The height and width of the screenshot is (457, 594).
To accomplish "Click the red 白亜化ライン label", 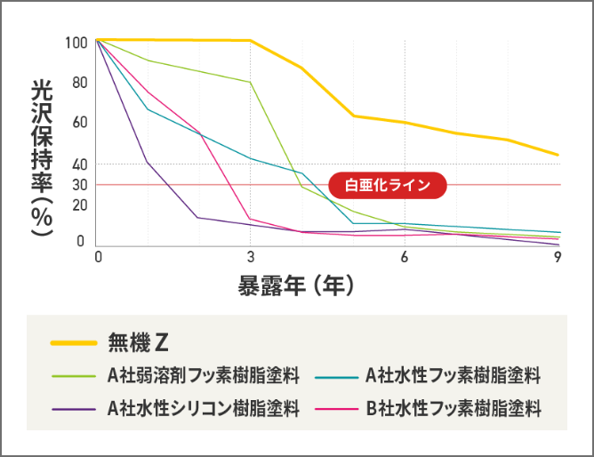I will (386, 185).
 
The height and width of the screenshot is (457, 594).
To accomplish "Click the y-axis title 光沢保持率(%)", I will (40, 158).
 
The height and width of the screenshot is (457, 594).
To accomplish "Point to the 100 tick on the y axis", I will (76, 43).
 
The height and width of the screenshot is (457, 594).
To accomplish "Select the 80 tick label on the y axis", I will (79, 83).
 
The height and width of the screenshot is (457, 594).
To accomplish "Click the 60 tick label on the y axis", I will (79, 123).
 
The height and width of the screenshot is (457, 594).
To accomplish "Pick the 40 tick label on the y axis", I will (79, 164).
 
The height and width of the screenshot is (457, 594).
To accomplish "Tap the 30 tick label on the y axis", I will (79, 185).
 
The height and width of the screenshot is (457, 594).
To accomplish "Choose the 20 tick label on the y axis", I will (79, 204).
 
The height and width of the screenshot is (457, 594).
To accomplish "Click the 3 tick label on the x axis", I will (251, 258).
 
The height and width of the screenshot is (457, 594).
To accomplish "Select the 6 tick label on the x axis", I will (405, 258).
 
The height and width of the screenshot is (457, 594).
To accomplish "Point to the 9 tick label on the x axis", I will (558, 258).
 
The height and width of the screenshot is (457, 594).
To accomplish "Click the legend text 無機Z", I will (138, 341).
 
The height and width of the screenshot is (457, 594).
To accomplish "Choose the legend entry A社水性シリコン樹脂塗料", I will (204, 409).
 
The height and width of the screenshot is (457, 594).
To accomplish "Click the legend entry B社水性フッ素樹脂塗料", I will (454, 409).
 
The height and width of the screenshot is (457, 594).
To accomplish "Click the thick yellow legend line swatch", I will (73, 342).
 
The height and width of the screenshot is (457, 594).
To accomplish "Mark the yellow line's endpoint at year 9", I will (558, 155).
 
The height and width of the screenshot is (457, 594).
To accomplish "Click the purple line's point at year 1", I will (148, 163).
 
